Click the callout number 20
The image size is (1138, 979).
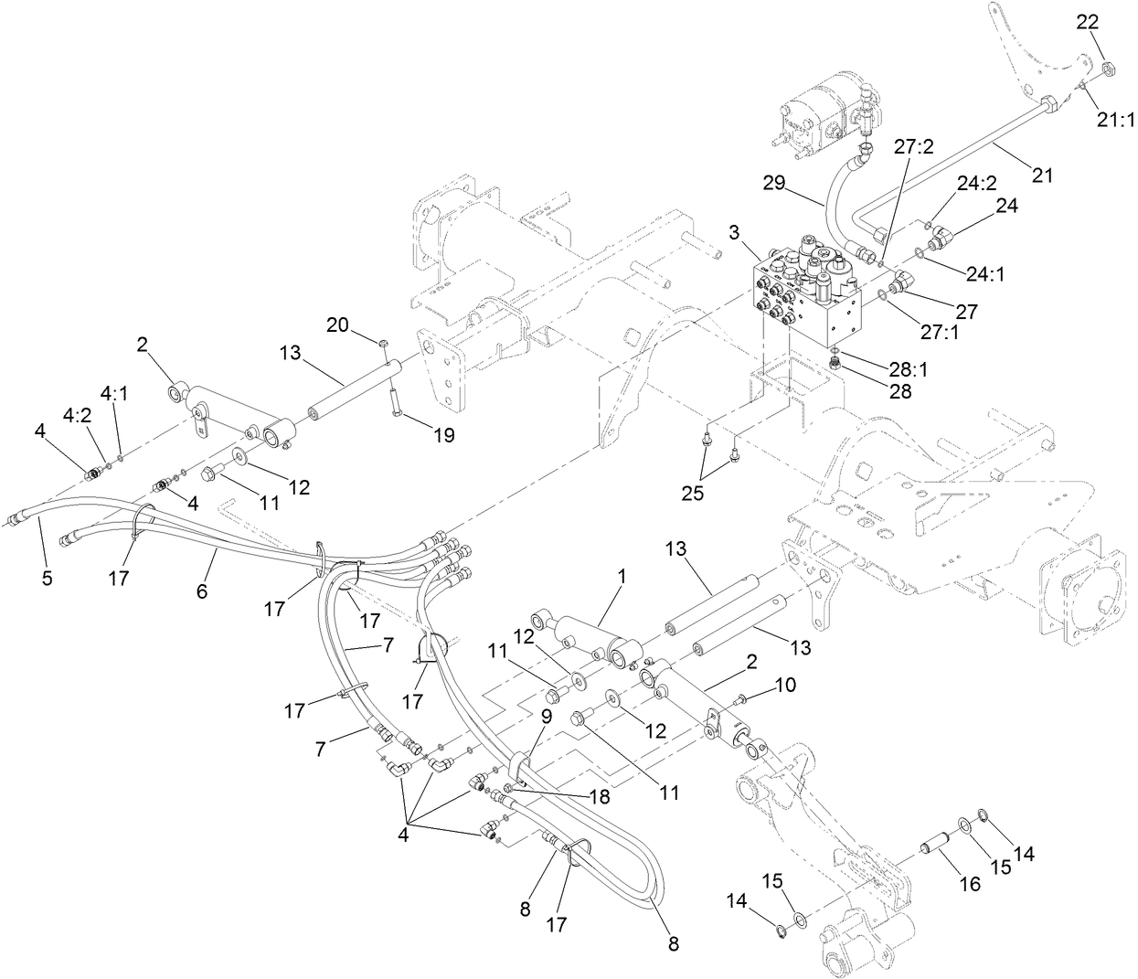click(338, 324)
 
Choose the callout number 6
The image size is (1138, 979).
click(202, 591)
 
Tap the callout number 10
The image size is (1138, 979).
click(786, 683)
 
